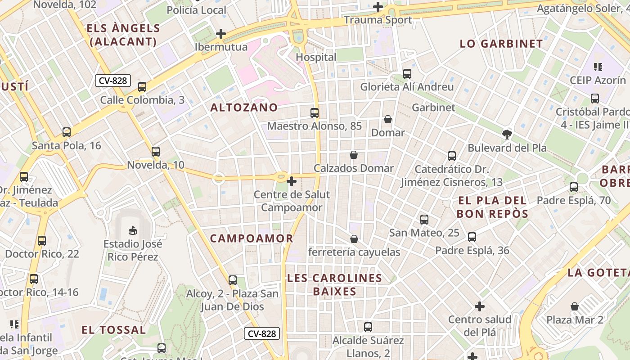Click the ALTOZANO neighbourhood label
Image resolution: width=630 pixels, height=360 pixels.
pos(244,108)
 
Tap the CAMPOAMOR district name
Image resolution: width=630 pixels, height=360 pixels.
pos(252,238)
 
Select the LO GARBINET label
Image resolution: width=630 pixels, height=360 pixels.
pos(501,44)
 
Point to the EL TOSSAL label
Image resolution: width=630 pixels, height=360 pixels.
pos(113,330)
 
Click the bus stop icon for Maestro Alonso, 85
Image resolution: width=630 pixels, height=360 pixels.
pos(314,113)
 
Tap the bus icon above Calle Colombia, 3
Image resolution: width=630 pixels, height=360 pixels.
pos(142,87)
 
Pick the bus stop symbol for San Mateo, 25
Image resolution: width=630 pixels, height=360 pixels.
pos(424,220)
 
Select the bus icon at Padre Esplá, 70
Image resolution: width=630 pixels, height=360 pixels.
pos(573,187)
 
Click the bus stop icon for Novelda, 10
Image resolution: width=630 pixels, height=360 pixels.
pos(156,152)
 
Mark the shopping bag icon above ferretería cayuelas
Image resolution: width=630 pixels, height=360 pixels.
pos(354,239)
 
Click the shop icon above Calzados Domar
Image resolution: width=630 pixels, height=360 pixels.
pos(354,155)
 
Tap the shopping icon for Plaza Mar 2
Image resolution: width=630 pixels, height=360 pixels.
pos(575,307)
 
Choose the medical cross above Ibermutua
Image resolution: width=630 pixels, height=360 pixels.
pos(221,34)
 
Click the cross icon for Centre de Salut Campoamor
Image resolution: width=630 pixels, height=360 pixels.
pos(292,181)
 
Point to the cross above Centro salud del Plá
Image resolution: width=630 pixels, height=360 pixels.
pos(480,306)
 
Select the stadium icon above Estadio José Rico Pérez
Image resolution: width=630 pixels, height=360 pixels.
pos(133,231)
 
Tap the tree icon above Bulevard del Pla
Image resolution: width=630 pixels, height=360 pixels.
pos(507,134)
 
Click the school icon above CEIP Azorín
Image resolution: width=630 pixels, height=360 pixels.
pos(598,67)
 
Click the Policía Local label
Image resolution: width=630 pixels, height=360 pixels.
pos(197,10)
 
